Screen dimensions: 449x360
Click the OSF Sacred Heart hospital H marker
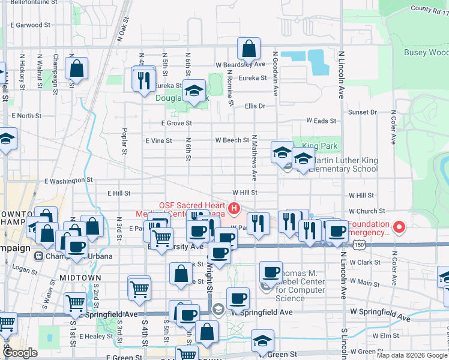235,209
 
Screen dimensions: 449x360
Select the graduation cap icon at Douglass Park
193,92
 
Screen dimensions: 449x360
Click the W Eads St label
321,121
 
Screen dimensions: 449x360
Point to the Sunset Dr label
363,112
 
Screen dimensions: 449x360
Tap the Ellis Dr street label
255,106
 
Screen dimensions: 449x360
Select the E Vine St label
159,140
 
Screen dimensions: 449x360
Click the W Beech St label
232,140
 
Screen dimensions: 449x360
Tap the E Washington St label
68,179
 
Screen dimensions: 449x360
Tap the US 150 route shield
359,245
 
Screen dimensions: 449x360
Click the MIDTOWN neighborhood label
76,277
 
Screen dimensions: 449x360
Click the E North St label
25,115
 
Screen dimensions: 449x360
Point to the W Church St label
366,211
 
